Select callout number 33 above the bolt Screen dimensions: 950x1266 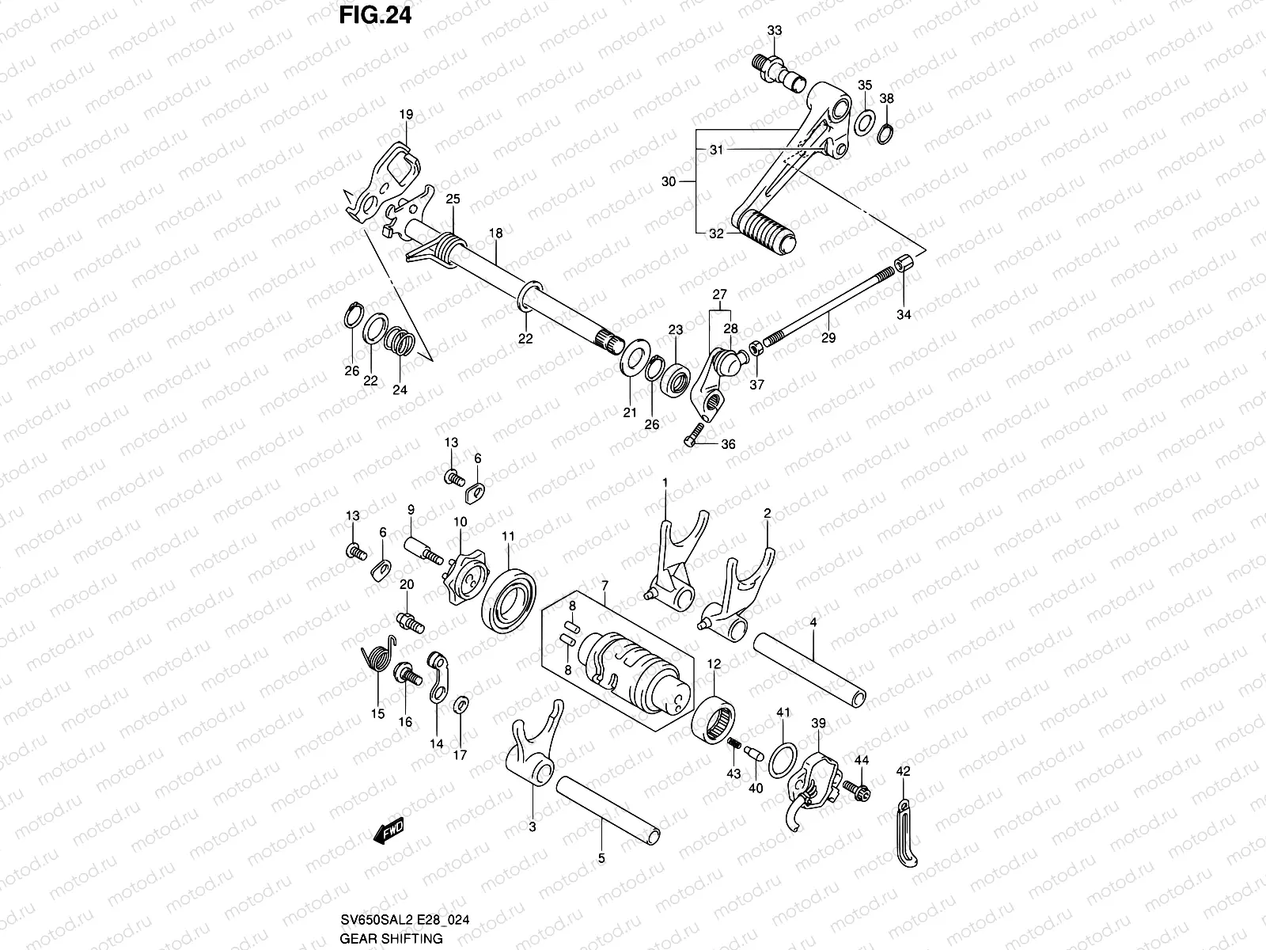click(x=774, y=31)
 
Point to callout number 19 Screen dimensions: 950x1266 click(x=406, y=115)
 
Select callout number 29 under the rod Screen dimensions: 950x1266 click(x=828, y=337)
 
